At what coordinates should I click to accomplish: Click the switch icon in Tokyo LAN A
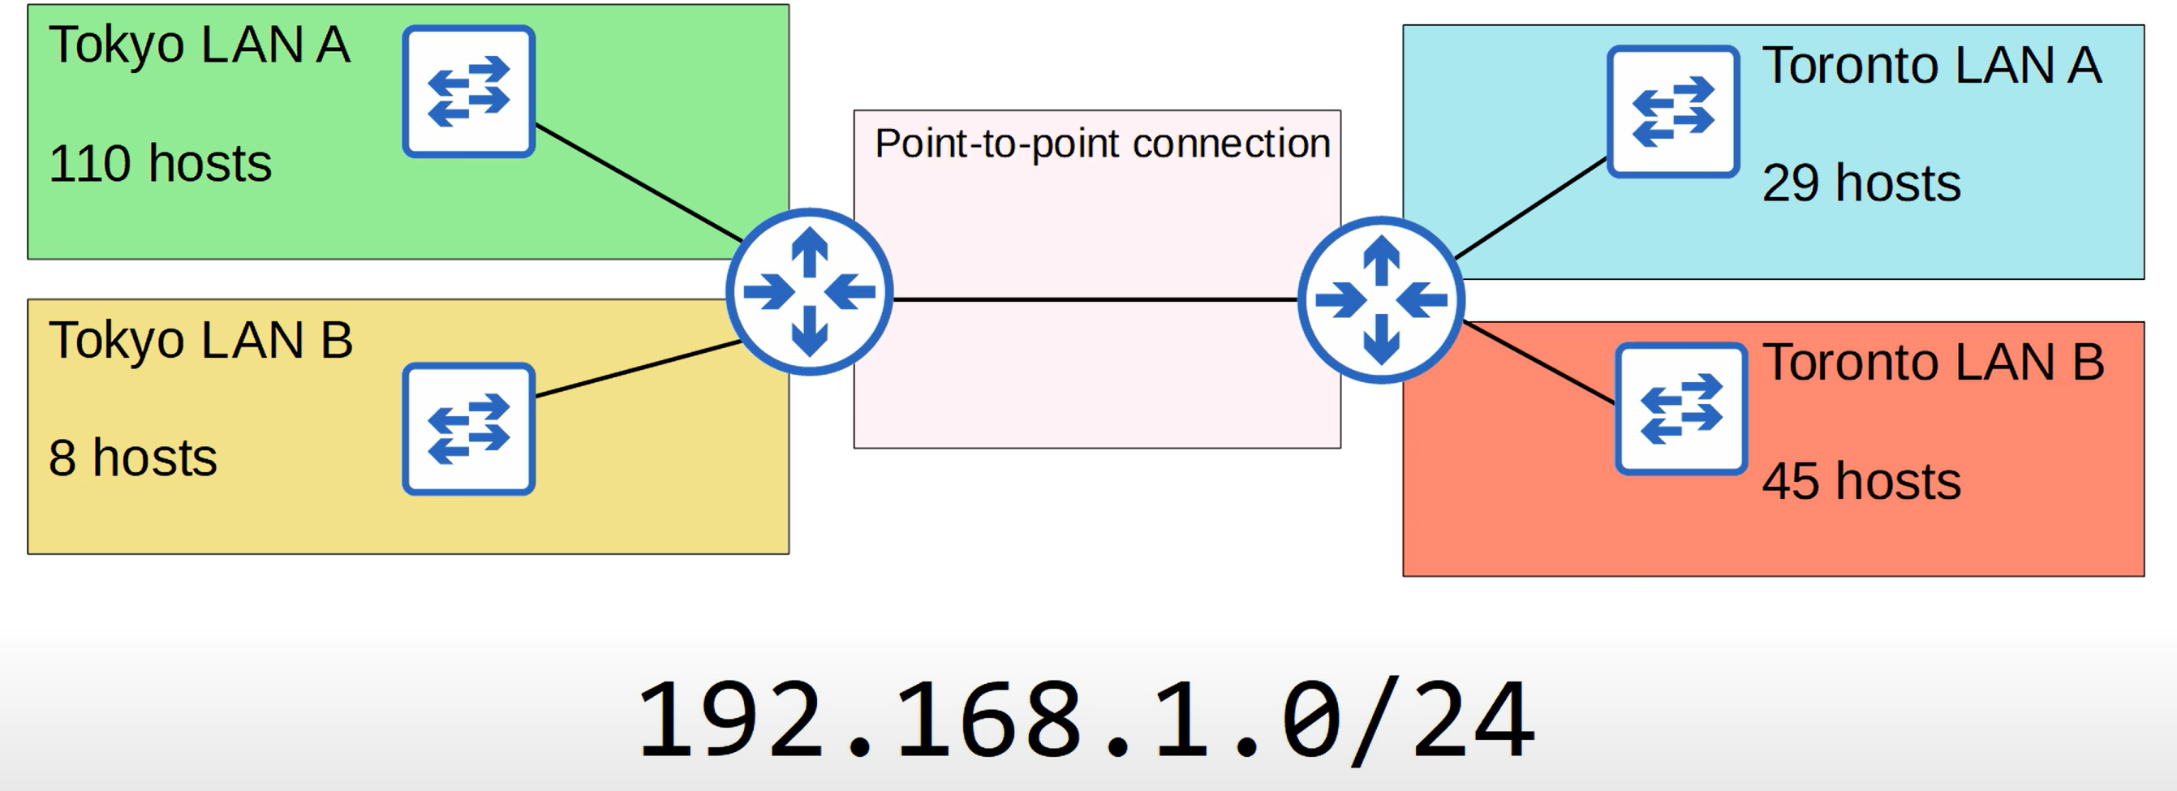coord(468,91)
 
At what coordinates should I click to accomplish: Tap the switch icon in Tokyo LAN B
coord(468,428)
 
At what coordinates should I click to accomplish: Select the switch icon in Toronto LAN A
coord(1672,112)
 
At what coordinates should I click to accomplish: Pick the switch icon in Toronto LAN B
coord(1681,408)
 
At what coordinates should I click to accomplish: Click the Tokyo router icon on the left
coord(809,291)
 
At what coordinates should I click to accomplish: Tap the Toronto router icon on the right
coord(1381,300)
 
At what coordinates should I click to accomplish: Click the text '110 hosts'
coord(160,163)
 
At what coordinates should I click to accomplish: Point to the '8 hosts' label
coord(133,458)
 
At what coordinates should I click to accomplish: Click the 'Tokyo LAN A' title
coord(199,45)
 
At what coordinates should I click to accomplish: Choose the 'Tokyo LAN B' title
coord(200,340)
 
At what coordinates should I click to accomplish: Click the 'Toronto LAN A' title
coord(1931,65)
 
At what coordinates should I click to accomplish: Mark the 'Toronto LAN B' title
coord(1933,362)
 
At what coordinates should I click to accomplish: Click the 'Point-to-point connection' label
coord(1102,143)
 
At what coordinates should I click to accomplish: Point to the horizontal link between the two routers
coord(1095,299)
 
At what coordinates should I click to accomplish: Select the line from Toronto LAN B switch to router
coord(1538,362)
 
